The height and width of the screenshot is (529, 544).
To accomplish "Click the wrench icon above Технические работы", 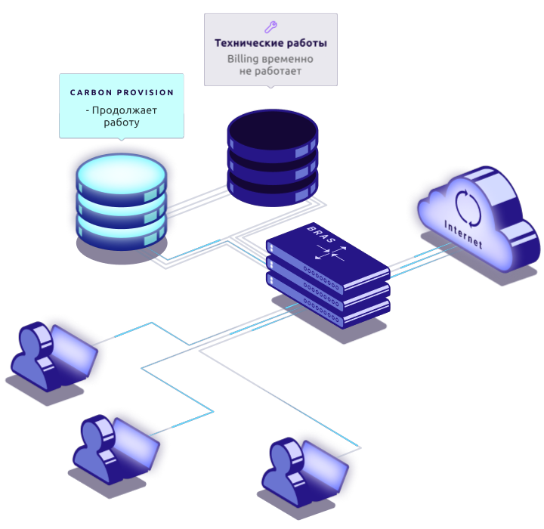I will click(270, 26).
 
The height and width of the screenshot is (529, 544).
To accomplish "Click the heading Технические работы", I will click(270, 44).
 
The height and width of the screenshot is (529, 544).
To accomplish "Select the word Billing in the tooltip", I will click(245, 59).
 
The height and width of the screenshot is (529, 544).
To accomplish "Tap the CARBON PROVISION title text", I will click(122, 93).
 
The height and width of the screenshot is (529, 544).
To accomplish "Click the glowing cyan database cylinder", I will click(121, 201).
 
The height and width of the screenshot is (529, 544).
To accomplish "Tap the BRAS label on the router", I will click(320, 235).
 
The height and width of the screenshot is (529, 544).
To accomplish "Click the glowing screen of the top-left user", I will click(73, 351).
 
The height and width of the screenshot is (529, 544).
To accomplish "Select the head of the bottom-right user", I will click(285, 454).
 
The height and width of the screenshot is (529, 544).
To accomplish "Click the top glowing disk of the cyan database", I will click(121, 172).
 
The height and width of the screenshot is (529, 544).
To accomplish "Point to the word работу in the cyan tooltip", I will click(122, 122).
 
